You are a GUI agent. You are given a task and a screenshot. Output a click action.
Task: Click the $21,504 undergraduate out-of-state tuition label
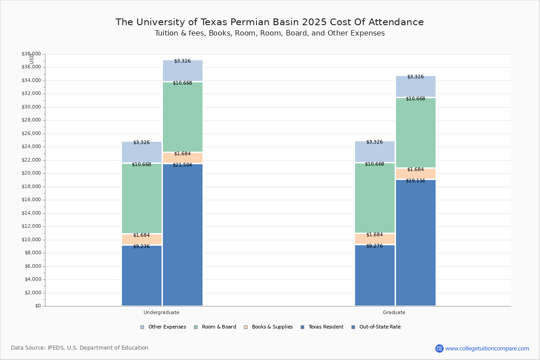tap(182, 165)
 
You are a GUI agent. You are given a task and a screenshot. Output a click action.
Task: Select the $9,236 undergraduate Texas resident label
tap(141, 247)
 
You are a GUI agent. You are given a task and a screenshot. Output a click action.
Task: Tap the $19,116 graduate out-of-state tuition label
tap(415, 181)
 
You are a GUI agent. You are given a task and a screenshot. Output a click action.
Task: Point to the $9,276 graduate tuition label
tap(374, 246)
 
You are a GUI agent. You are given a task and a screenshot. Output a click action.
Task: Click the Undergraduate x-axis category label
tap(161, 312)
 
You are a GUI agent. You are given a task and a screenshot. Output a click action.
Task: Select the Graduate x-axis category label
tap(394, 312)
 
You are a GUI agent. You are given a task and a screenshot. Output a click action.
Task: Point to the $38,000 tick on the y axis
tap(31, 54)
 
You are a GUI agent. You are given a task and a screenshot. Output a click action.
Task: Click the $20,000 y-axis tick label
tap(31, 173)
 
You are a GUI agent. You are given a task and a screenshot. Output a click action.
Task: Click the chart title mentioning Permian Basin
tap(270, 22)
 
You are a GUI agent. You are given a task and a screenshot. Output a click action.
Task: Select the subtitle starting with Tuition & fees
tap(270, 33)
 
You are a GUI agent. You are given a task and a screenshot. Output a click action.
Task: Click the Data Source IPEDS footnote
tap(80, 348)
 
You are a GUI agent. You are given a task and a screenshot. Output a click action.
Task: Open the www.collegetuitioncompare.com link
tap(487, 348)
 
